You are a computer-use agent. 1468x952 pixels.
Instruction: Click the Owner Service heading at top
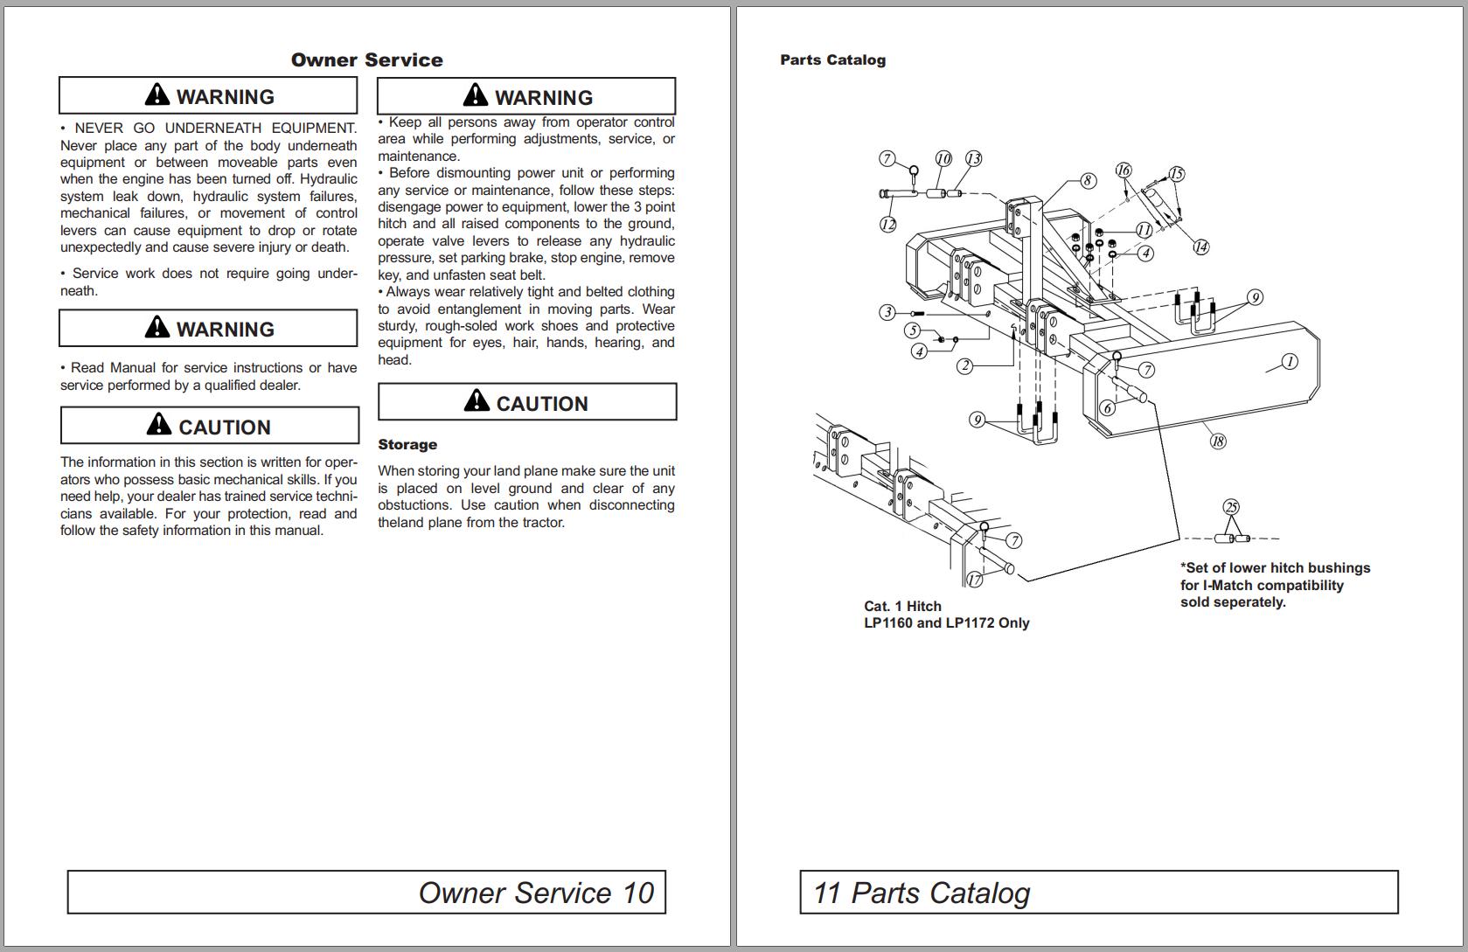(x=366, y=60)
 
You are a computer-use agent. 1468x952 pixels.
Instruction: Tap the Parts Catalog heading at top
(x=832, y=60)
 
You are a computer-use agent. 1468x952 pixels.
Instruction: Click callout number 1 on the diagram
(x=1289, y=361)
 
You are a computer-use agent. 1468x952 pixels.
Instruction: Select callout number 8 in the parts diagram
(x=1088, y=181)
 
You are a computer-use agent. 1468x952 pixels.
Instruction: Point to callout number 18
(x=1218, y=441)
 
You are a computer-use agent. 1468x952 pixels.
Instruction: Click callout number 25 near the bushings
(x=1231, y=507)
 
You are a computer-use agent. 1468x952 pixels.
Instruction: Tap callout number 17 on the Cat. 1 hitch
(x=974, y=580)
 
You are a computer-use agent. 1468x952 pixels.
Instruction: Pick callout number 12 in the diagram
(x=888, y=225)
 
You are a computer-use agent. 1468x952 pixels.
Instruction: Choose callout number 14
(x=1201, y=247)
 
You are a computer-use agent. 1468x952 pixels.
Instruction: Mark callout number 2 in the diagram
(x=964, y=366)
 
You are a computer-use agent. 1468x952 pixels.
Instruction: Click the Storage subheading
(x=407, y=445)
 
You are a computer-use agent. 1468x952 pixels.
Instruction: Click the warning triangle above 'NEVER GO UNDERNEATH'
(x=157, y=94)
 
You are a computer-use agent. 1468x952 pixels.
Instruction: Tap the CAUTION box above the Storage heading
(x=527, y=402)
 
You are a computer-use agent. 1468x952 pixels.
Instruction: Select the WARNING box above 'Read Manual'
(x=208, y=329)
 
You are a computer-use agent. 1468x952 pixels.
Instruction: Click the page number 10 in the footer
(x=638, y=893)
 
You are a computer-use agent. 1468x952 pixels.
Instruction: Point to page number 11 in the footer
(x=827, y=893)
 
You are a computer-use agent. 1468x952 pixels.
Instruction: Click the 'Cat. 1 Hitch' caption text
(x=902, y=606)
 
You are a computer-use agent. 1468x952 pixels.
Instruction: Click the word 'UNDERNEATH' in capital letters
(x=213, y=129)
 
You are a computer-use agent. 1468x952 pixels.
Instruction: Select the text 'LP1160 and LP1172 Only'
(x=946, y=623)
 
